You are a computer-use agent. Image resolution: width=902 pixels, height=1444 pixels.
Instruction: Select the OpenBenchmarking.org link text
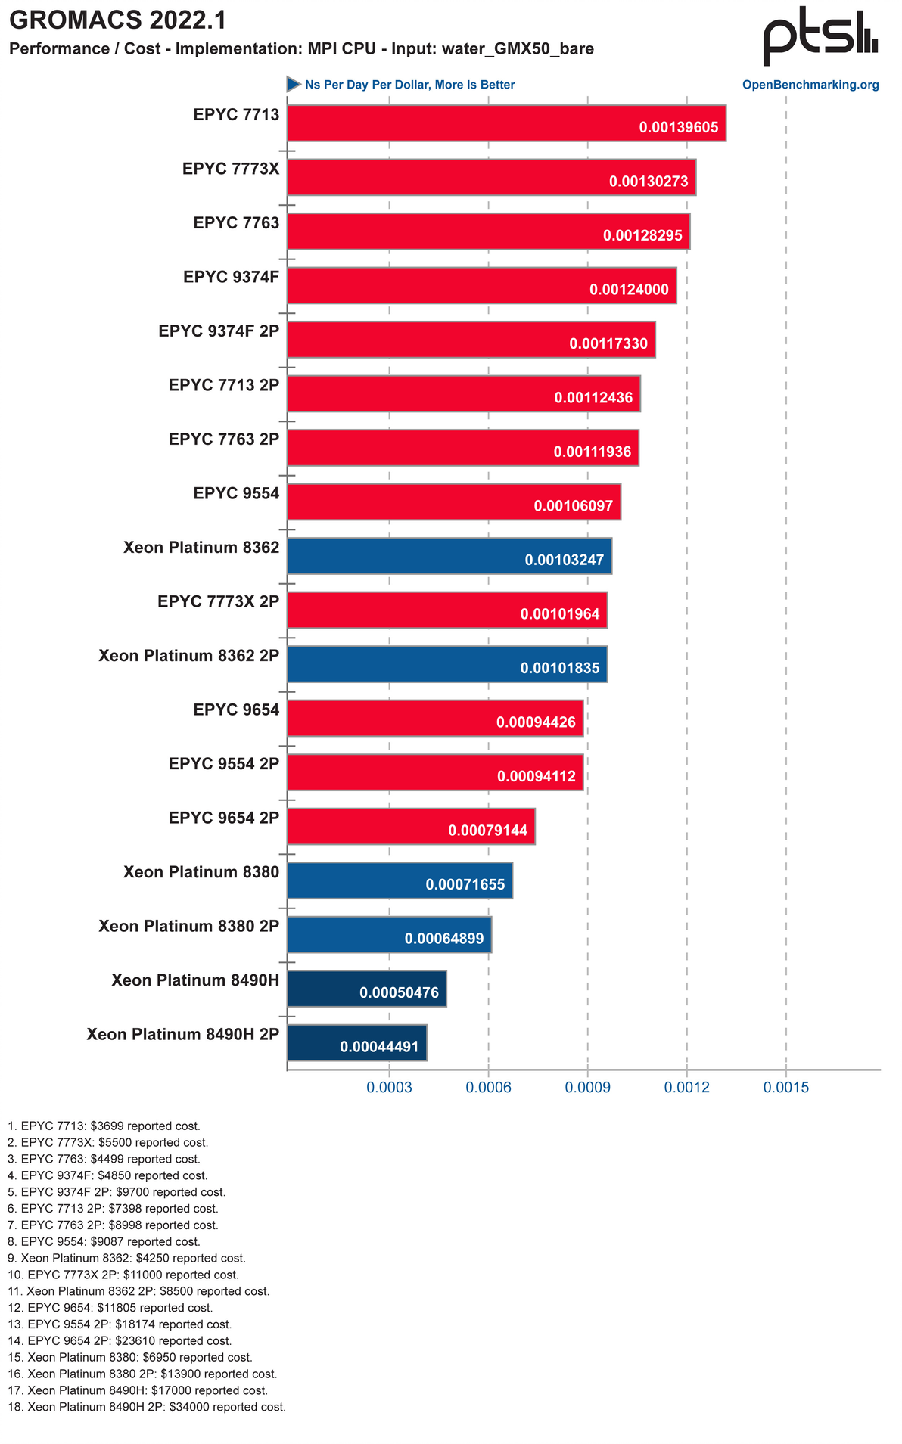pos(810,85)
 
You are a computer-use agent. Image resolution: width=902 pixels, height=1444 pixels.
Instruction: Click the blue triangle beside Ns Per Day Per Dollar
pos(294,84)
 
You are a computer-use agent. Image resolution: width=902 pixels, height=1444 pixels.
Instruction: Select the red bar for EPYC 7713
pos(505,123)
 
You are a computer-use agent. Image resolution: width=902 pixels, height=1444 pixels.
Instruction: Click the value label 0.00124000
pos(628,290)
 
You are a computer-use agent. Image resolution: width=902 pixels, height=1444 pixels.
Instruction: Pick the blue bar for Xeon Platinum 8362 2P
pos(446,663)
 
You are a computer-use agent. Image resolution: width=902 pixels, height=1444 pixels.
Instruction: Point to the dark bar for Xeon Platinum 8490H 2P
pos(356,1042)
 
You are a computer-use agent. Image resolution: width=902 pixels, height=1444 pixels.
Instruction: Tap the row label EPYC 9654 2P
pos(223,818)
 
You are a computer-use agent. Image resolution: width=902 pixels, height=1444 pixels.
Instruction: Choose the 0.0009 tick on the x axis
pos(587,1088)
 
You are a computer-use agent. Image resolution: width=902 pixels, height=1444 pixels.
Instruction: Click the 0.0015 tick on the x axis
pos(786,1088)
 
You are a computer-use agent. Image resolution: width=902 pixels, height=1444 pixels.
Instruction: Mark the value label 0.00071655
pos(465,884)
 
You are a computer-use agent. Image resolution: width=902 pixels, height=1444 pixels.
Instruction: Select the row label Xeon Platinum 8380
pos(201,872)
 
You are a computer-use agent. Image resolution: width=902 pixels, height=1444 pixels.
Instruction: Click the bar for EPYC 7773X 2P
pos(446,610)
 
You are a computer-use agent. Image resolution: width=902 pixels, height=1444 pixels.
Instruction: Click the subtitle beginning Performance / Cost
pos(301,49)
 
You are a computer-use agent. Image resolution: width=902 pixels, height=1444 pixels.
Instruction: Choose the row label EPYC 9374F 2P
pos(219,331)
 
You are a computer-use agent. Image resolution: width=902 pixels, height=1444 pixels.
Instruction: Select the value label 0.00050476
pos(399,992)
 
